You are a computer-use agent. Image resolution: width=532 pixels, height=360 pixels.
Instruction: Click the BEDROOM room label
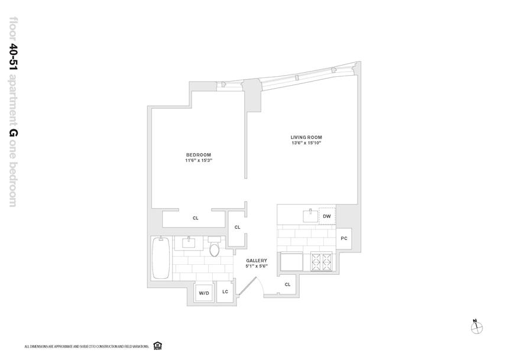click(198, 155)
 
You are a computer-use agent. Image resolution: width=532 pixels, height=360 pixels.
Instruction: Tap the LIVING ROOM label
click(306, 137)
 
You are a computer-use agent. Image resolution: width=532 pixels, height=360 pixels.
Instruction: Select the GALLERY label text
click(257, 260)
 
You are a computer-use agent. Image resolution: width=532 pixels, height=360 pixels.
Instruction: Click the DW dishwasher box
click(327, 216)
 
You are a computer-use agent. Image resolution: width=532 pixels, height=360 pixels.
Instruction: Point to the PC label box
click(344, 239)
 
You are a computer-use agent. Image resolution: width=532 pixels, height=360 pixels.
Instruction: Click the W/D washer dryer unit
click(204, 293)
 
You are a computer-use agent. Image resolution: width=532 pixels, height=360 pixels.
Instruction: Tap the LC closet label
click(225, 292)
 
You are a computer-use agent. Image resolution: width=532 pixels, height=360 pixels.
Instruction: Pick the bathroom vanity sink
click(190, 242)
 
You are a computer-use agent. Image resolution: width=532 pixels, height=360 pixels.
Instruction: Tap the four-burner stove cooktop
click(323, 261)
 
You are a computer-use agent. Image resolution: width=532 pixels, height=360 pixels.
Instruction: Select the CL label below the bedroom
click(196, 218)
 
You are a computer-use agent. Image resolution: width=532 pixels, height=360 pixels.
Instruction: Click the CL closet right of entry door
click(287, 284)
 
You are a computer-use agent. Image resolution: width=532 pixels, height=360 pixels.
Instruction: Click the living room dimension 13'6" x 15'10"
click(306, 144)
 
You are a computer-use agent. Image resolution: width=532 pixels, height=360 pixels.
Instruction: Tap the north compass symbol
click(476, 327)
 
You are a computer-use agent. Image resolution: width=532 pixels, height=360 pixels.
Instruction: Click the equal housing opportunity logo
click(157, 346)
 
